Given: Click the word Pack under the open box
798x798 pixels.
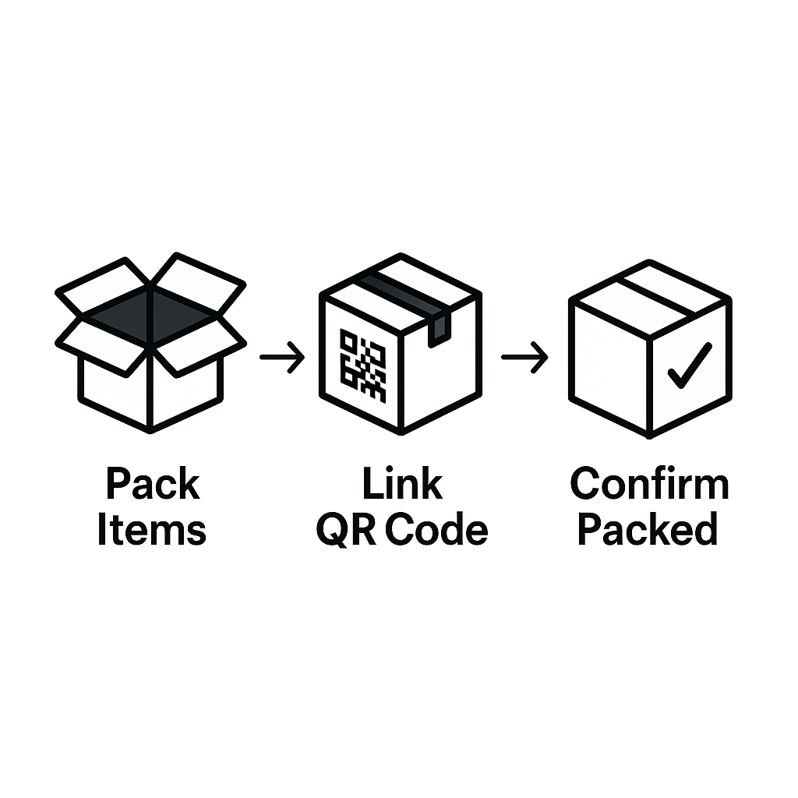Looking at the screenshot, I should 152,485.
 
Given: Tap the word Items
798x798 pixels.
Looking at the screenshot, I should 152,530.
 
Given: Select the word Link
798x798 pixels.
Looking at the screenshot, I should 402,485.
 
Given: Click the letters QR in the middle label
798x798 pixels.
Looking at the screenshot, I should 346,530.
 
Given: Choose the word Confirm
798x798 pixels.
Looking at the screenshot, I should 649,485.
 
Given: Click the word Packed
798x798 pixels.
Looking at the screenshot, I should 648,530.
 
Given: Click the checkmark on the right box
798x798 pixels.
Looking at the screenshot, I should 690,364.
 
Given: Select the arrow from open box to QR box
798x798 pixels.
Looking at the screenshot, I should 282,358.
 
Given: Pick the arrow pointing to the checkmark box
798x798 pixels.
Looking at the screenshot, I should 524,358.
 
